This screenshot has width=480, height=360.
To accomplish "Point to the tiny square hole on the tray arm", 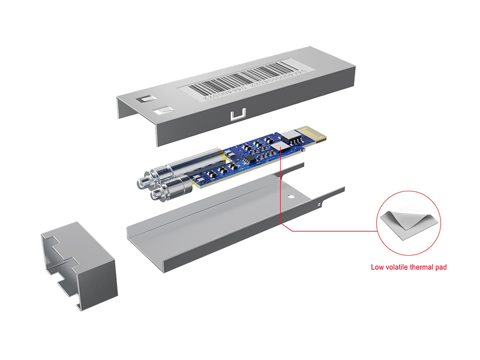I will tap(317, 206).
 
